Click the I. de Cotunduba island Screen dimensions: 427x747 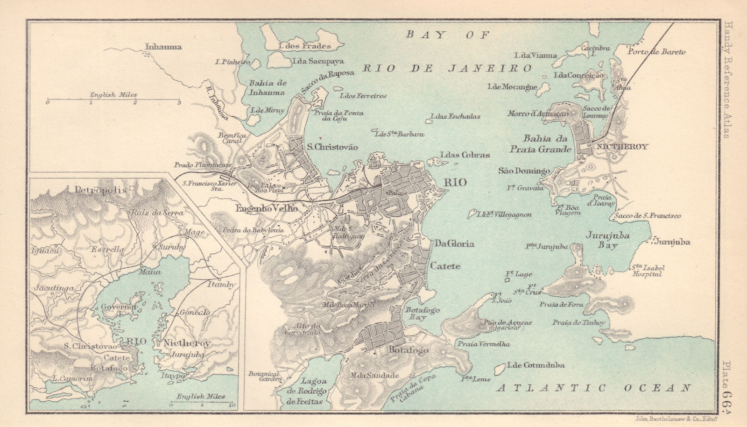pos(499,369)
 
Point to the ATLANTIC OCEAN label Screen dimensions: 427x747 pos(593,388)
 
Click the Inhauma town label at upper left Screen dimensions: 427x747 pos(163,47)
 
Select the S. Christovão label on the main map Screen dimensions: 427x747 pos(332,147)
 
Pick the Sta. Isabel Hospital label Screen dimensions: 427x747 pos(648,271)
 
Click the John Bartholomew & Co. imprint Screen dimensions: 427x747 pos(679,419)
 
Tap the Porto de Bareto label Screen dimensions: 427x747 pos(656,51)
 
